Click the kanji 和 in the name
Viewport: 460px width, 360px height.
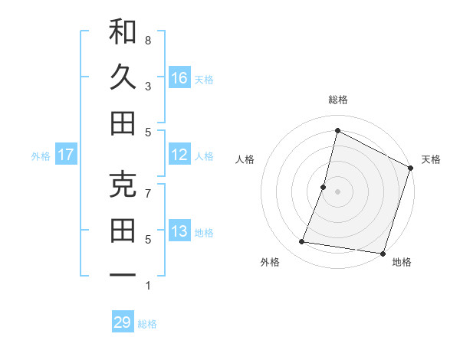click(123, 31)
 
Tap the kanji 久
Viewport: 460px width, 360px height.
click(123, 77)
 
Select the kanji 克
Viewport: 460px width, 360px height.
click(123, 185)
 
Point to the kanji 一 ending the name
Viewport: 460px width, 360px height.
click(123, 275)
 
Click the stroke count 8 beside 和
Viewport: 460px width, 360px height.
click(148, 40)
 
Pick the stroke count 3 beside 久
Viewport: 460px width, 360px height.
click(148, 86)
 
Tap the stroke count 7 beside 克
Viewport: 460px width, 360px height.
click(148, 193)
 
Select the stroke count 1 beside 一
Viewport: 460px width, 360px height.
click(148, 285)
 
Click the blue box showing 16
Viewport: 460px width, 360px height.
click(179, 77)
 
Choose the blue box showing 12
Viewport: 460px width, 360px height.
click(179, 155)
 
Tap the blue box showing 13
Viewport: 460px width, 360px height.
click(179, 231)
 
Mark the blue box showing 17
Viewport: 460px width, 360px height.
click(66, 155)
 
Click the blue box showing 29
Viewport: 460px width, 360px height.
click(123, 322)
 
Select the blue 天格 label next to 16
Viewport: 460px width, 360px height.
click(204, 79)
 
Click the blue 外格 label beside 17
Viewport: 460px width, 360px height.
click(41, 156)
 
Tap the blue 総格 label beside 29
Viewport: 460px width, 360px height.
click(147, 324)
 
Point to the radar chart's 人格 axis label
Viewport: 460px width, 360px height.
click(245, 159)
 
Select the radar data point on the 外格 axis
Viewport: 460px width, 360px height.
click(302, 242)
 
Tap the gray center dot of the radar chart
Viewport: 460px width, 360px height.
click(337, 191)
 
